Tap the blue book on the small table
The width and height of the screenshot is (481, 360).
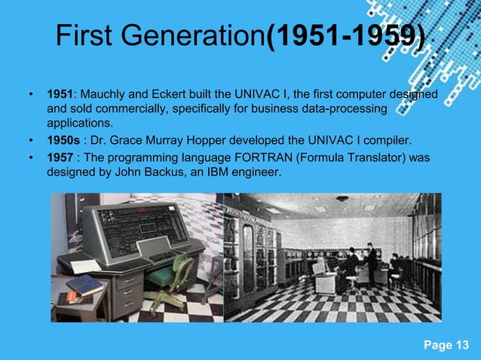[85, 285]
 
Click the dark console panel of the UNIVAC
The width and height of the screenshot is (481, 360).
[142, 227]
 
